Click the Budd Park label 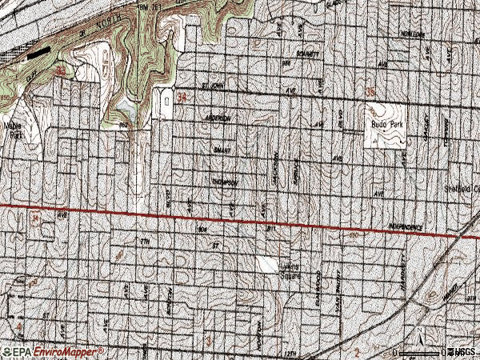(383, 125)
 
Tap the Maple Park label (13, 130)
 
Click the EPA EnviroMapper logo (53, 351)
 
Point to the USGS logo (462, 351)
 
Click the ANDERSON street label (218, 117)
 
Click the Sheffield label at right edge (462, 189)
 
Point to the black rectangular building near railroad (38, 54)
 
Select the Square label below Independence (290, 277)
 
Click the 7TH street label (146, 240)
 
